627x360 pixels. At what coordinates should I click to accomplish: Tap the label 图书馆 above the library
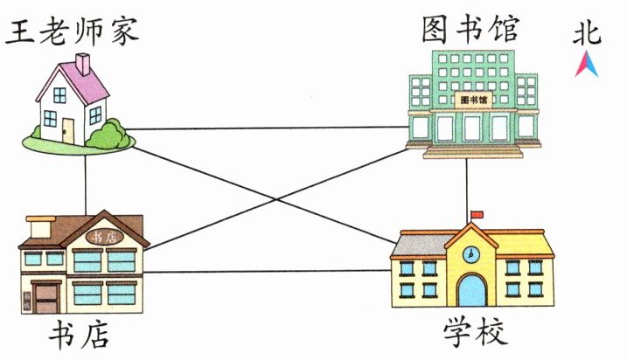click(470, 28)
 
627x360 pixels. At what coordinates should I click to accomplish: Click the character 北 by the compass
click(587, 34)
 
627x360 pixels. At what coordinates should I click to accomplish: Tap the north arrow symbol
click(586, 64)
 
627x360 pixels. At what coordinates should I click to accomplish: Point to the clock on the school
click(470, 254)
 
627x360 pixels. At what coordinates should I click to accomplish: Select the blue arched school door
click(471, 290)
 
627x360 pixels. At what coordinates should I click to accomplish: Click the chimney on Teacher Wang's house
click(82, 63)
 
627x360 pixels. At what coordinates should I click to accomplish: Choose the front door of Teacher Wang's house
click(67, 130)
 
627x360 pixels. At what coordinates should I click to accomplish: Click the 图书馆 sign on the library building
click(473, 100)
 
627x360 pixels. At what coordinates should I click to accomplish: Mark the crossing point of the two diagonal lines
click(278, 200)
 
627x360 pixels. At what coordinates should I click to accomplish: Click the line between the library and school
click(469, 188)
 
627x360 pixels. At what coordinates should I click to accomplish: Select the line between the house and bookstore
click(85, 179)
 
